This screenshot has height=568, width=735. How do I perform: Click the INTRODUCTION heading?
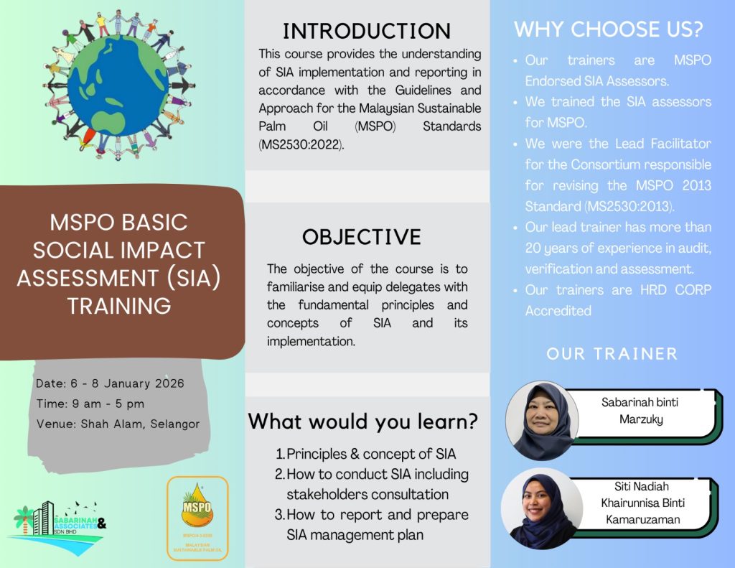tap(367, 31)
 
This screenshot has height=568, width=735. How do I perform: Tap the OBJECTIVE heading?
tap(361, 237)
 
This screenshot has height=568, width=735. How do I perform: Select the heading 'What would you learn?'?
tap(363, 422)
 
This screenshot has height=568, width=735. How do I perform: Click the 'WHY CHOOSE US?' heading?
tap(608, 30)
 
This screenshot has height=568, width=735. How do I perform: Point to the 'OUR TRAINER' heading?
tap(612, 354)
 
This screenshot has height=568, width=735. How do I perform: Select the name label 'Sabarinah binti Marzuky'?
tap(640, 410)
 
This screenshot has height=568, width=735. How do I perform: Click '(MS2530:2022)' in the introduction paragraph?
tap(302, 144)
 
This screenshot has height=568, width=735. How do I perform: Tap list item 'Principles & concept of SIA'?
tap(370, 454)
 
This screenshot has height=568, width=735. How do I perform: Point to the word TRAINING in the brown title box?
tap(119, 306)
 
